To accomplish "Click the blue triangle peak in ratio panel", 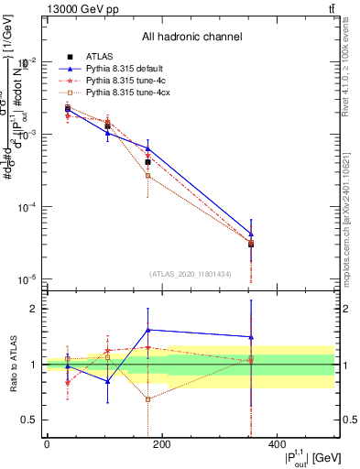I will [148, 330].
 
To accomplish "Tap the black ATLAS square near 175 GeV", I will [148, 162].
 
